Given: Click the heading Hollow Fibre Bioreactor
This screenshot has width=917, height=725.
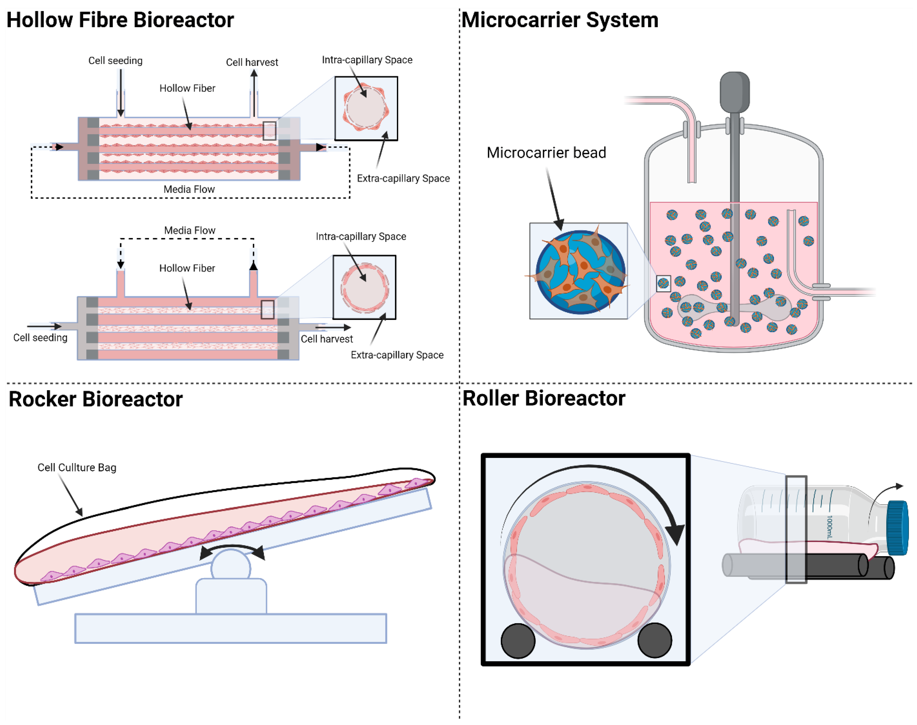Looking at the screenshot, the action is (x=120, y=20).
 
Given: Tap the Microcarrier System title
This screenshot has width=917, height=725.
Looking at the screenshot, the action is (x=560, y=20).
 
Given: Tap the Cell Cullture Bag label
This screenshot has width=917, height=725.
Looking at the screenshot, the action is (x=77, y=467).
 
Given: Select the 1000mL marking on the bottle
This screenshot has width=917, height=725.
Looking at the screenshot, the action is (x=830, y=527).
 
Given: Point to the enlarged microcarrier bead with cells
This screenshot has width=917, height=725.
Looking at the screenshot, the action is (x=580, y=272).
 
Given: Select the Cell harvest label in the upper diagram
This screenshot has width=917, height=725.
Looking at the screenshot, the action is (x=252, y=62).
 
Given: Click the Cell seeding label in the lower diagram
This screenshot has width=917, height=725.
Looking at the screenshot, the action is (x=40, y=337).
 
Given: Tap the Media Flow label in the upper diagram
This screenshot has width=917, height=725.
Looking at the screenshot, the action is (x=189, y=189).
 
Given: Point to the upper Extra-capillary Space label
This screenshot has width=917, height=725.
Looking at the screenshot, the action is (x=403, y=178).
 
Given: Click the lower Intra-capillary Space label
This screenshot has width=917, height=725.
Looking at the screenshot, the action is (x=361, y=236).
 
